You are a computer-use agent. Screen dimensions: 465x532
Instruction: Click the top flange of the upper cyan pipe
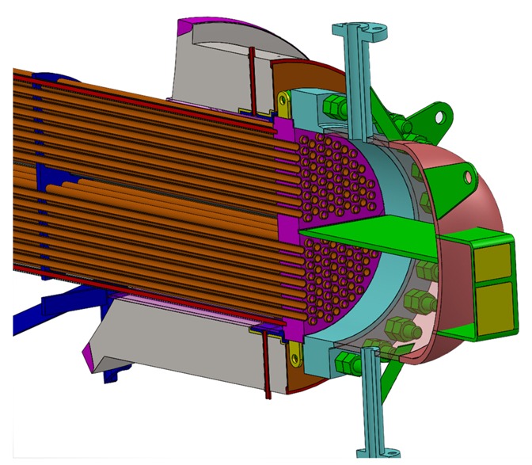[357, 31]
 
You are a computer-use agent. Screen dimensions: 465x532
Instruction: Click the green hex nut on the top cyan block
[332, 106]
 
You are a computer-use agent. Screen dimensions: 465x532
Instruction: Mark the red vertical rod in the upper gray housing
[252, 78]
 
